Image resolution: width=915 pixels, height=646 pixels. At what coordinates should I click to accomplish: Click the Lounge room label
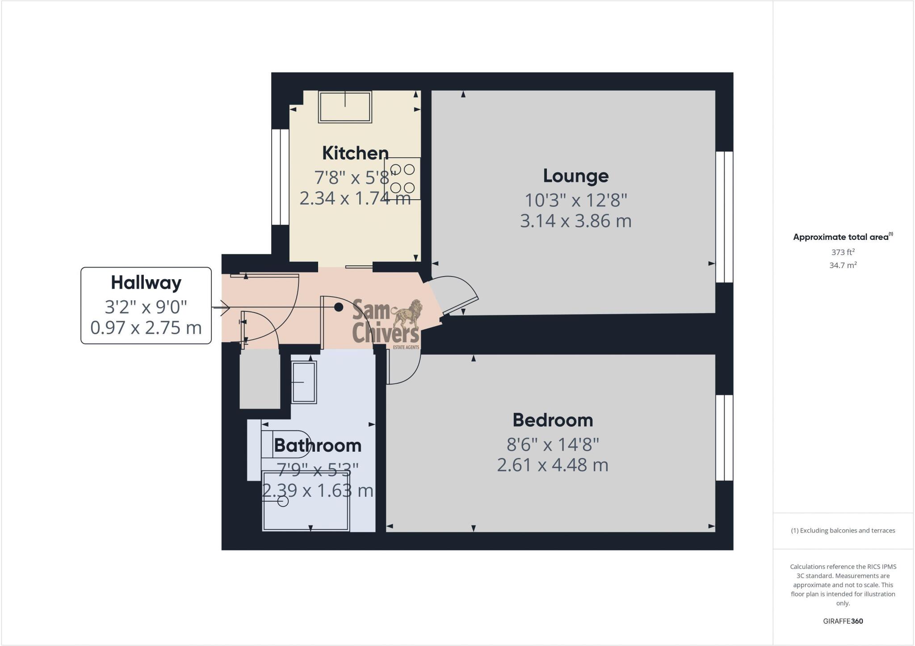coord(575,176)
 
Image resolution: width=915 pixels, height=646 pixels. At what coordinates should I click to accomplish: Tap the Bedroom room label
coord(553,420)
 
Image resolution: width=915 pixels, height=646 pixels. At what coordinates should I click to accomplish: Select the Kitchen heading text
coord(355,153)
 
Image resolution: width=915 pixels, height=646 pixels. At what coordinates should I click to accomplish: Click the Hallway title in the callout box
coord(146,282)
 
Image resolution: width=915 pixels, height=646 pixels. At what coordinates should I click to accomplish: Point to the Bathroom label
coord(318,445)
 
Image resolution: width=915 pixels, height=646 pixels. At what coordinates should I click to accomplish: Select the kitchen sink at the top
coord(345,107)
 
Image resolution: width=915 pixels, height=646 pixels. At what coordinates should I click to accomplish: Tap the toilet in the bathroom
coord(286,444)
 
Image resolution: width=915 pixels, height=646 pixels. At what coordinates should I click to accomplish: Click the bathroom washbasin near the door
coord(304,382)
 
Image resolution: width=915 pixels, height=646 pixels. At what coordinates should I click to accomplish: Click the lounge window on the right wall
coord(724,217)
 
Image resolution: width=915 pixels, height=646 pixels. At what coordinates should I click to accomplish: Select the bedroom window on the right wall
coord(724,438)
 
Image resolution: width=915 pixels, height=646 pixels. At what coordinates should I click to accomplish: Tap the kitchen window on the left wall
coord(281,177)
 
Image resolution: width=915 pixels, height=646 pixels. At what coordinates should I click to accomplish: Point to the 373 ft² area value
coord(843,252)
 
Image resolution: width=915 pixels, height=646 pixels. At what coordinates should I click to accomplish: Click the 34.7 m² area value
coord(843,265)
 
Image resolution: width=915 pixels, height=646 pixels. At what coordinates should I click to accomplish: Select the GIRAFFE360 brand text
coord(843,621)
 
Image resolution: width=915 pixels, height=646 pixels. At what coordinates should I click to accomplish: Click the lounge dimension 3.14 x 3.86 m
coord(575,221)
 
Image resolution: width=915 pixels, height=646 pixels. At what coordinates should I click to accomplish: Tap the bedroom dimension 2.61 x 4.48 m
coord(553,465)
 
